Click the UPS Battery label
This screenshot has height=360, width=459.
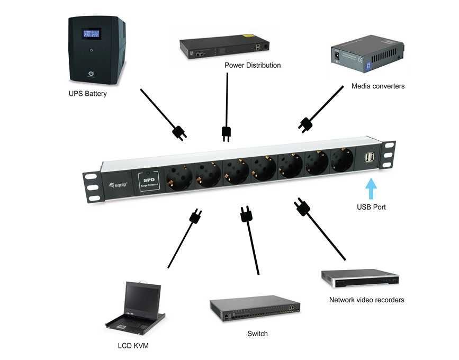pos(87,94)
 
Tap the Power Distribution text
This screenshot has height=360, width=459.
pos(253,65)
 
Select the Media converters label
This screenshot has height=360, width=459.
pos(378,86)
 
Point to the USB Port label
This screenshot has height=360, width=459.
pos(371,207)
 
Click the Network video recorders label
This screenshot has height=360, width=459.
pos(366,300)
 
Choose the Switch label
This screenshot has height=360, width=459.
pos(257,334)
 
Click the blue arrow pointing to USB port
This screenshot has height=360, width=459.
pos(371,188)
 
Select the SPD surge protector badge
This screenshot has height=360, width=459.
pos(148,181)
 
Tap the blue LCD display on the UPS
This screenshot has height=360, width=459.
pos(89,35)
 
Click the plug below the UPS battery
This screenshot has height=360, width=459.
pos(179,132)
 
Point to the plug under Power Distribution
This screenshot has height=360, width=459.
pos(226,133)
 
